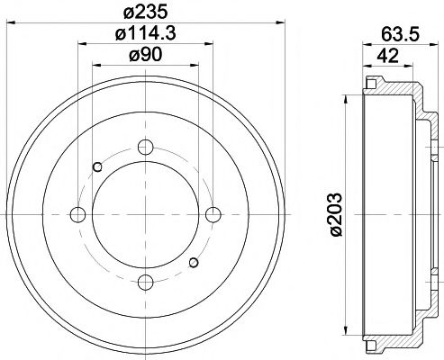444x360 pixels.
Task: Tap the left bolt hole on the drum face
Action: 77,214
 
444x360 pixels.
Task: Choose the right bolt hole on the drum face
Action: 214,214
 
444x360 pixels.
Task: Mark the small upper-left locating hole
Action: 97,166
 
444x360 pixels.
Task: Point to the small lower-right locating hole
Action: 194,263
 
